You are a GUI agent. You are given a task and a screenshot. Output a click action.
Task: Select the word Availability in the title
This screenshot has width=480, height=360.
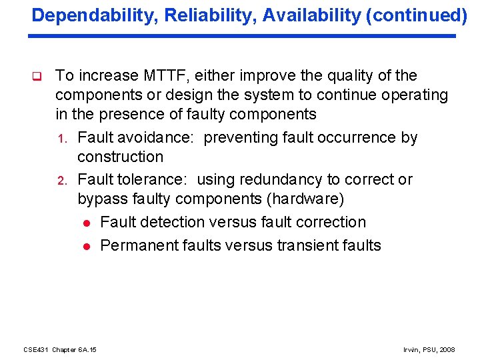305,15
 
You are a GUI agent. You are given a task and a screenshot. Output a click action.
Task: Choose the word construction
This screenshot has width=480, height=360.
120,157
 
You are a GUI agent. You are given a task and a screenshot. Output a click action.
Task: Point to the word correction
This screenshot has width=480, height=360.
332,222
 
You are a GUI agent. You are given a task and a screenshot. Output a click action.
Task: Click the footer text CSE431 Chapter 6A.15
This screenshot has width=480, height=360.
60,349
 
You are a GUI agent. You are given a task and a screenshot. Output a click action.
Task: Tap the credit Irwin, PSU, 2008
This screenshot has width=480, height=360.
429,349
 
